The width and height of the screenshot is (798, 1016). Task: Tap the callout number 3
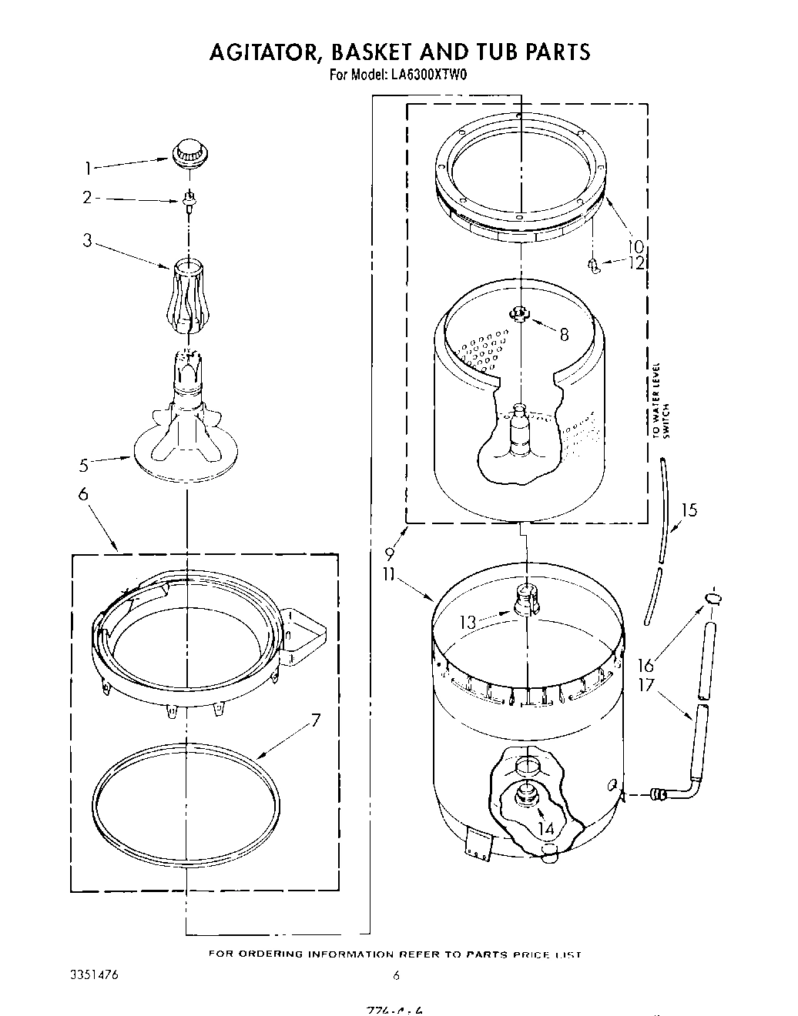[x=88, y=241]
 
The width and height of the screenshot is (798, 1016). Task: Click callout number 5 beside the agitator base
[x=84, y=465]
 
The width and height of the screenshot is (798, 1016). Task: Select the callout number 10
[x=635, y=247]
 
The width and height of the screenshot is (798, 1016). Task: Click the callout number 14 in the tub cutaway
[x=545, y=828]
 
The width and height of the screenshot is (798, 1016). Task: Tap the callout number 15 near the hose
[x=689, y=510]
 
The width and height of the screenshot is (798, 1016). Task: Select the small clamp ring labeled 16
[x=714, y=599]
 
